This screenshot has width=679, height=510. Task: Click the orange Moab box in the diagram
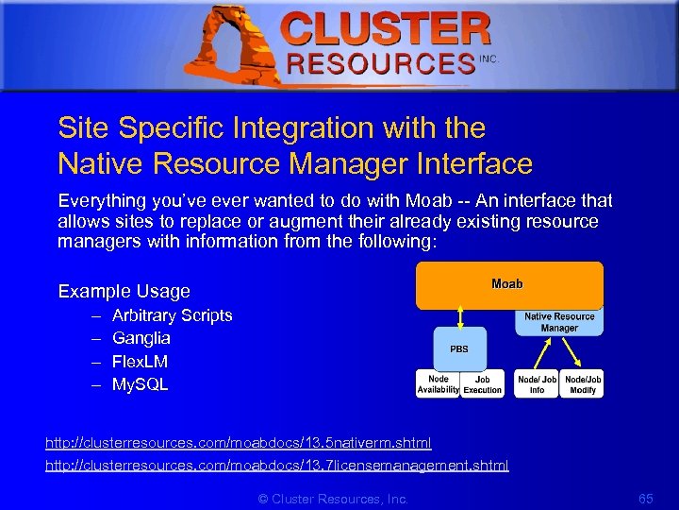[509, 285]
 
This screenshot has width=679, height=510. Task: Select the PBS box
[459, 348]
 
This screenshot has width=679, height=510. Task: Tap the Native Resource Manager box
[559, 322]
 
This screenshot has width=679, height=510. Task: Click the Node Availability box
[438, 383]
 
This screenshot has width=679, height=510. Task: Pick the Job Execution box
[483, 383]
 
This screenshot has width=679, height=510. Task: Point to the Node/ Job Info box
[537, 383]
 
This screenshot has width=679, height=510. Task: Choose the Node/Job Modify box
[582, 383]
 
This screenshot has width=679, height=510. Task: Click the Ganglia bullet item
[141, 338]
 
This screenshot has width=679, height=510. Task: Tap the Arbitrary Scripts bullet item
[172, 315]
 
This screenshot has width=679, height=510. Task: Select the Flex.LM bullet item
[140, 362]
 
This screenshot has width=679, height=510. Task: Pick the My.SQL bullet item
[140, 384]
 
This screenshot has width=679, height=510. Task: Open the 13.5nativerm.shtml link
[239, 442]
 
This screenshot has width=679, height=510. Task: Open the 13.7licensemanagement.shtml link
[277, 465]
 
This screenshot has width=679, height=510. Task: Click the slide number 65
[645, 498]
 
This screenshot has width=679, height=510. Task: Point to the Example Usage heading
[124, 291]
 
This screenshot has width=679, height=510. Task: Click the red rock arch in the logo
[227, 43]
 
